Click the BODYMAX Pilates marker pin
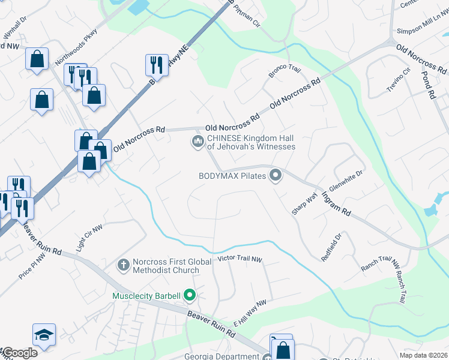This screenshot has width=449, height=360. (276, 176)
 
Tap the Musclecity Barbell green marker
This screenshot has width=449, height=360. (190, 295)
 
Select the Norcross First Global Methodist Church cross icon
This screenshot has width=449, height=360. (124, 265)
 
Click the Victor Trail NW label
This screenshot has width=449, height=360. (240, 259)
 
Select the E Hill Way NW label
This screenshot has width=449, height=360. (249, 313)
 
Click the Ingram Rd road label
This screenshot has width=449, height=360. (336, 205)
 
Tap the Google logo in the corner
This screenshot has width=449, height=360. (20, 353)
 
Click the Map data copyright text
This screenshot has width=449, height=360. (423, 355)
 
